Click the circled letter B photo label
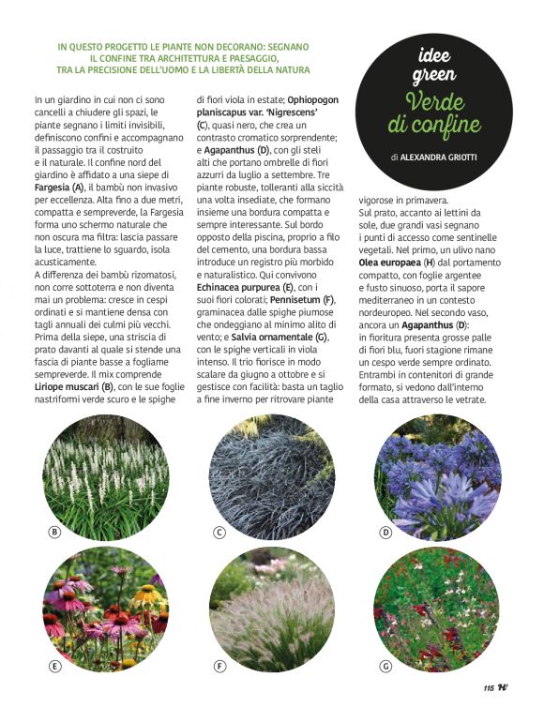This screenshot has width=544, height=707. [x=54, y=533]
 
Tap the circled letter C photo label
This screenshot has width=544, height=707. [x=219, y=533]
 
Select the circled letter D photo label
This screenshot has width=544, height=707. [x=385, y=533]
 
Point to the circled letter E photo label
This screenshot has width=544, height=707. [x=54, y=666]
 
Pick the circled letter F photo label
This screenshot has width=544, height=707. [x=219, y=666]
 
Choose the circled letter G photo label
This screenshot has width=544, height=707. [x=385, y=666]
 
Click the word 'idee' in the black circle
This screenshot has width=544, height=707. [x=434, y=55]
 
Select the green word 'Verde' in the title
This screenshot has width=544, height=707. [x=434, y=100]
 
